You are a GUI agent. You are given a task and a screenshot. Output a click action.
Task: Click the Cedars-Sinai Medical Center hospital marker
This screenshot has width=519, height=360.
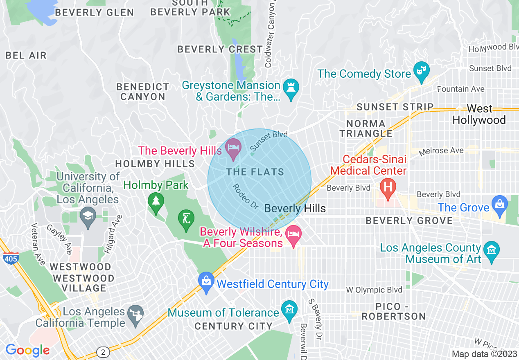[x=388, y=187]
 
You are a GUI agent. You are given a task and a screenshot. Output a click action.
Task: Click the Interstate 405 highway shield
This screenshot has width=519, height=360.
[x=10, y=259]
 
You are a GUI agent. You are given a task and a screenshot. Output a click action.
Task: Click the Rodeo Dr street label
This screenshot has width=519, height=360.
[x=245, y=197]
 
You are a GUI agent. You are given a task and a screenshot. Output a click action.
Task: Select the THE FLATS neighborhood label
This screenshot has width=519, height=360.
[x=255, y=172]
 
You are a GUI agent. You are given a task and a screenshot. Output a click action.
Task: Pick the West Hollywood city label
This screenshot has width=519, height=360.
[x=479, y=114]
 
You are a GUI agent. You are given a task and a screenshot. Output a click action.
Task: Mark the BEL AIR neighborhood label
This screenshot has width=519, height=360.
[x=26, y=56]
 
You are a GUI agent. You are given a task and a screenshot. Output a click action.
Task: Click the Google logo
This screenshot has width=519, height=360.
[x=27, y=350]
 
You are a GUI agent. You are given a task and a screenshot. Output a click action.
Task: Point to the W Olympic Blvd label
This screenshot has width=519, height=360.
[x=374, y=290]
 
